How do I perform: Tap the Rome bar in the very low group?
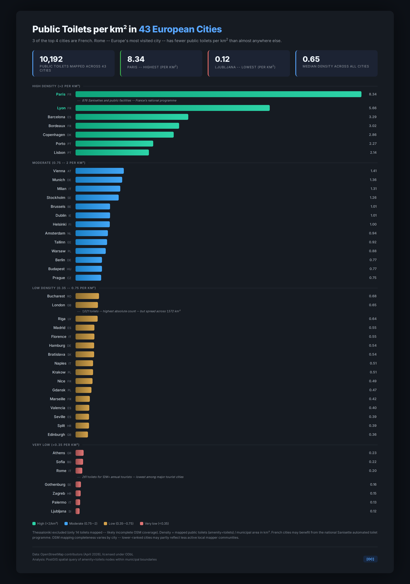coord(79,471)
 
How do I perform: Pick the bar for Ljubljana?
coord(78,511)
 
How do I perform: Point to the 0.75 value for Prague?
coord(373,278)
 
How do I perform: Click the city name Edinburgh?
coord(56,434)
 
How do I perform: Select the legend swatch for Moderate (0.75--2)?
coord(66,523)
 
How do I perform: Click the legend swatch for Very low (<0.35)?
coord(142,523)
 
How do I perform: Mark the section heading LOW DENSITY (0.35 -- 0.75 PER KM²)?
coord(64,288)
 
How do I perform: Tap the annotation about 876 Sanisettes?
coord(129,101)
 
